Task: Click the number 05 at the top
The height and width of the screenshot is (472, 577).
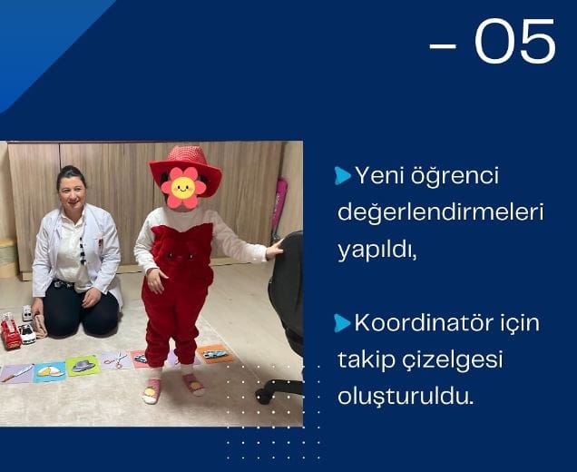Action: tap(515, 41)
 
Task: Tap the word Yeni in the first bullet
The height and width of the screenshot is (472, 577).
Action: tap(379, 175)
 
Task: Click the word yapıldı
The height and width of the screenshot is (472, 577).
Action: tap(377, 251)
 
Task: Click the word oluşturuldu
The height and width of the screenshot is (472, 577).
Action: tap(406, 397)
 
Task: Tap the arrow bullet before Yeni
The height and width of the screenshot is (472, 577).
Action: tap(343, 175)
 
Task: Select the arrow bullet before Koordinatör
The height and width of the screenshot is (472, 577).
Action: tap(343, 323)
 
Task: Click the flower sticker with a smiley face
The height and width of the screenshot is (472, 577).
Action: tap(183, 188)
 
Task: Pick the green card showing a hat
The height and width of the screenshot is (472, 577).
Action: tap(83, 366)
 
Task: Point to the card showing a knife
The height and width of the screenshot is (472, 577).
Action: tap(16, 374)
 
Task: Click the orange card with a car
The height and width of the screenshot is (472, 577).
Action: tap(215, 354)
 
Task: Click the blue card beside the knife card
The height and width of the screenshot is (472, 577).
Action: tap(50, 372)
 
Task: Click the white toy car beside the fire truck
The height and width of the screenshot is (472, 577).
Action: tap(27, 333)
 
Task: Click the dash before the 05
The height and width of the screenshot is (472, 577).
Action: tap(443, 46)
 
